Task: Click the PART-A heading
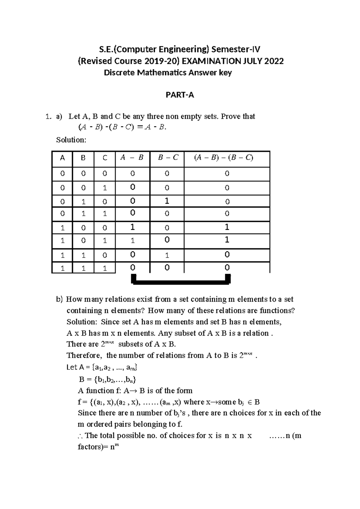coord(180,95)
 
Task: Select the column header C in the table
coord(105,158)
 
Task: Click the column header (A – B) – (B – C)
coord(223,158)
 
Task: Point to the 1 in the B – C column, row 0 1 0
coord(167,201)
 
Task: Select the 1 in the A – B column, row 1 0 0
coord(132,227)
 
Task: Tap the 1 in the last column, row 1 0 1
coord(227,240)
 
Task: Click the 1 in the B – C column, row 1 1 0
coord(167,255)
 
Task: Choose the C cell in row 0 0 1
coord(105,188)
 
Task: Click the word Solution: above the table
coord(71,140)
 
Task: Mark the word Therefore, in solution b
coord(84,356)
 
